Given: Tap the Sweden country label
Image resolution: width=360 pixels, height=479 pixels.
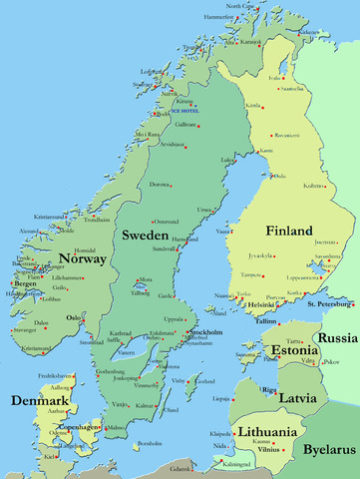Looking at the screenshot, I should [x=145, y=236].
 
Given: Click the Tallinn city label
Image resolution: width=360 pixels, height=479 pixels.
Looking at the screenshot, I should [x=264, y=321].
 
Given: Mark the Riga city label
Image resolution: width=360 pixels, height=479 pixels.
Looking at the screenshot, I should [x=268, y=389].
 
